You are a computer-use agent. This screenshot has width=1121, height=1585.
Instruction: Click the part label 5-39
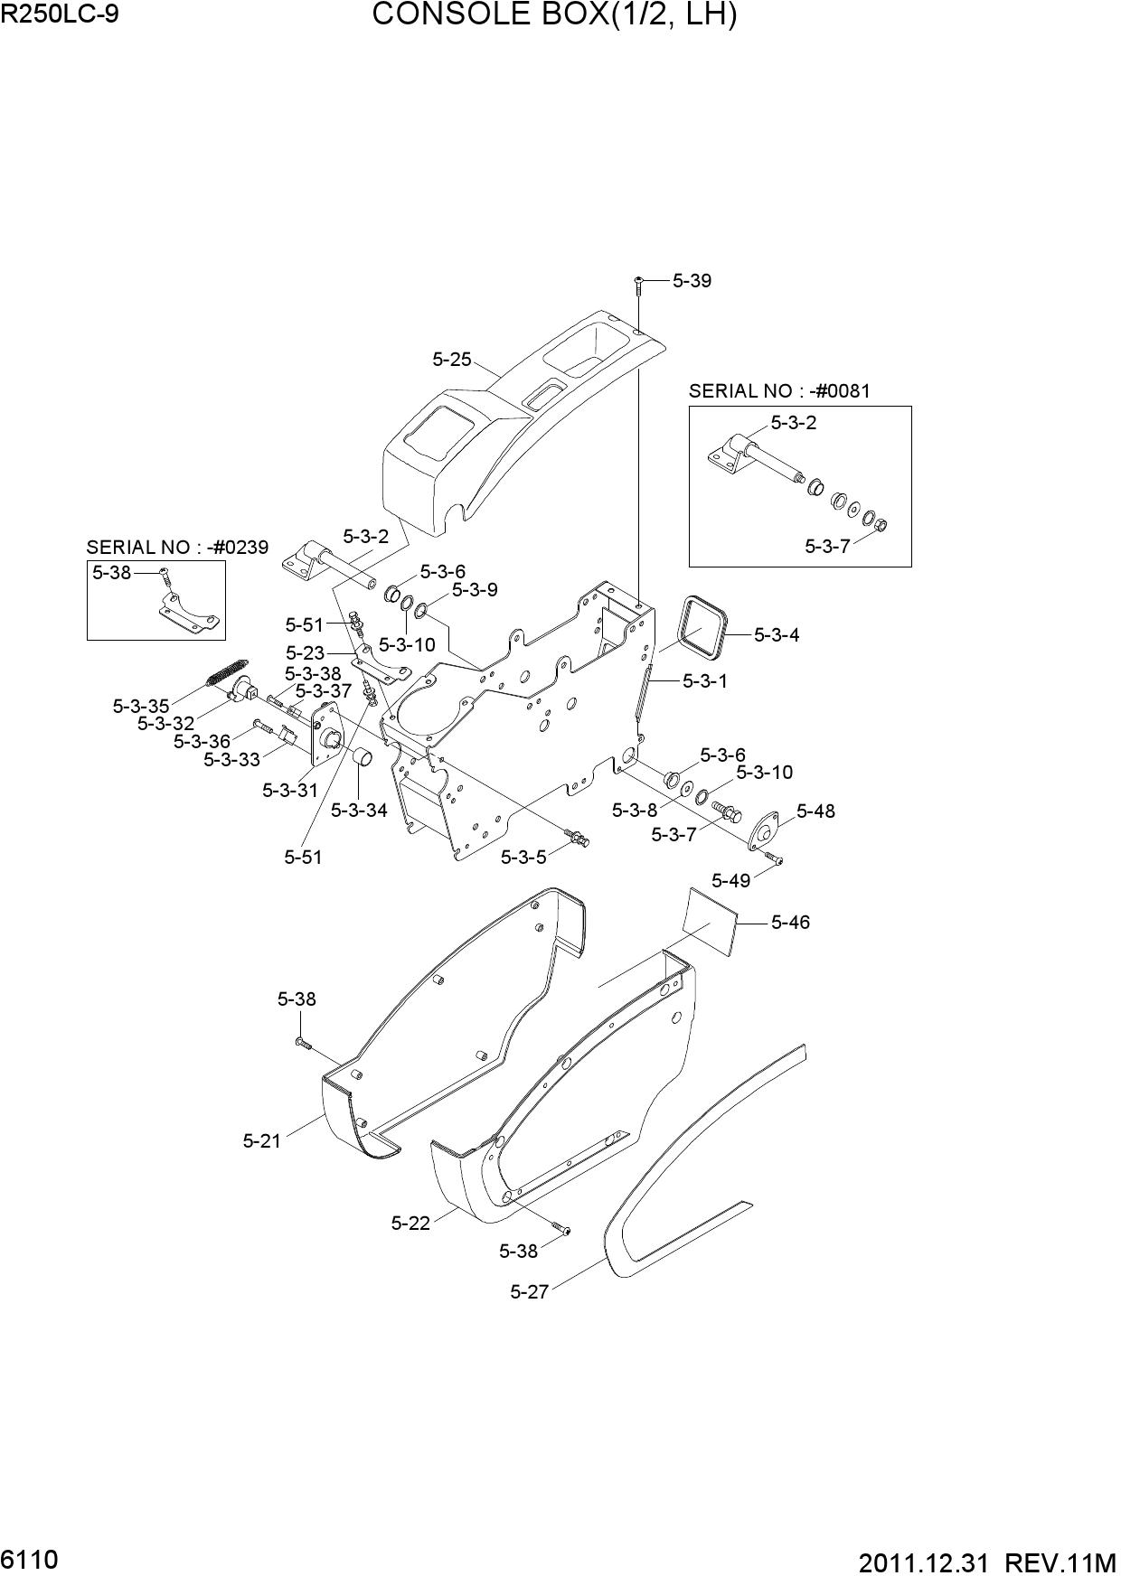tap(692, 280)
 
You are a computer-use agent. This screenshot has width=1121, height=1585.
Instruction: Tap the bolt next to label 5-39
tap(638, 285)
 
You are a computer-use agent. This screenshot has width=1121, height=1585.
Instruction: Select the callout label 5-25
tap(452, 359)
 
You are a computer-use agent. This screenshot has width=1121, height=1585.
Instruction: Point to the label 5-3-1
tap(705, 680)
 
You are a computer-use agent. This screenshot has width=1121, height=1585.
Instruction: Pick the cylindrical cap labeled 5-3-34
tap(363, 757)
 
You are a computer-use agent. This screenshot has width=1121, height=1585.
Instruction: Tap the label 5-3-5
tap(523, 857)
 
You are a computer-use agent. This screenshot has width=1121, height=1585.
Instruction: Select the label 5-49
tap(731, 880)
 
